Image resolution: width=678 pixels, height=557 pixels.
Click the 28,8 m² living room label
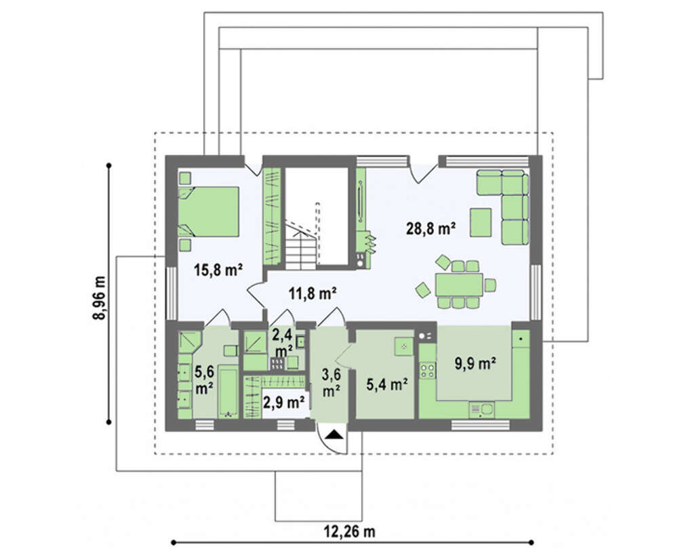[x=431, y=228]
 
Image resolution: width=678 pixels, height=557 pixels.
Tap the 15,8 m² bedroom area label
[x=218, y=270]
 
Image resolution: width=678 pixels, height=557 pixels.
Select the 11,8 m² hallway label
[x=313, y=294]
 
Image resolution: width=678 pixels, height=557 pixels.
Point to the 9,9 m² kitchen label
[x=475, y=363]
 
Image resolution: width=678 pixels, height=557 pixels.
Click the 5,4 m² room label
[x=387, y=384]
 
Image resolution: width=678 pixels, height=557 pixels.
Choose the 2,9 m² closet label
[x=284, y=403]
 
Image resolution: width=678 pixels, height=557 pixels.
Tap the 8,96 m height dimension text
[x=100, y=297]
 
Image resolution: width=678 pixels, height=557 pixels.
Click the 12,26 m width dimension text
[x=350, y=531]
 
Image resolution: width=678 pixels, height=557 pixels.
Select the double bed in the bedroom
[x=209, y=211]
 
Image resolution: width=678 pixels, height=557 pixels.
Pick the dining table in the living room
[x=459, y=285]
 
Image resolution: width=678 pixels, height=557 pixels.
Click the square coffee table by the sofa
[x=481, y=222]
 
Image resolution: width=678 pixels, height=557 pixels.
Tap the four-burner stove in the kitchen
[x=428, y=370]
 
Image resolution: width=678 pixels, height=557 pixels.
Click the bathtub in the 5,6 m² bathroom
[x=227, y=392]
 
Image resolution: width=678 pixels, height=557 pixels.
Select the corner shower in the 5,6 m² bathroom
[x=190, y=342]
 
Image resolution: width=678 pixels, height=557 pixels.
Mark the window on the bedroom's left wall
[x=172, y=293]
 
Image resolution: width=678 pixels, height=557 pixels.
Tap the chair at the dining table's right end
[x=490, y=285]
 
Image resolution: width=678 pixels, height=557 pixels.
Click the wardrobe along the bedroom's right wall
[x=273, y=216]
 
